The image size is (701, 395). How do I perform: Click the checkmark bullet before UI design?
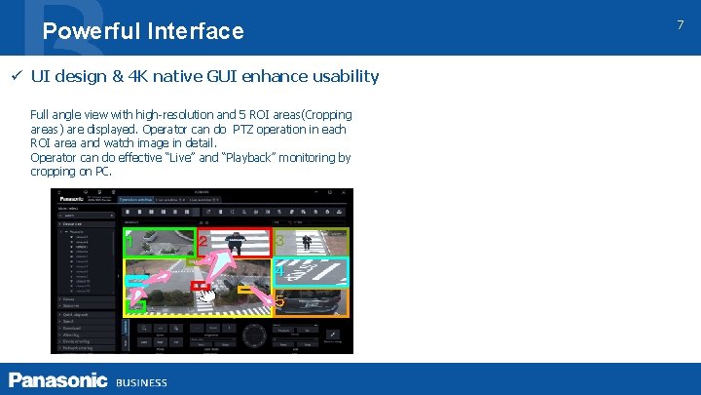(x=17, y=76)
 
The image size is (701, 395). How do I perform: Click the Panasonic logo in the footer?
(x=58, y=380)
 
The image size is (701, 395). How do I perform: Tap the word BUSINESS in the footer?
(x=142, y=382)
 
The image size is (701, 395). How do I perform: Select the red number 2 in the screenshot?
(x=202, y=240)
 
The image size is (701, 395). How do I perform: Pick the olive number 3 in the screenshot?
(x=279, y=240)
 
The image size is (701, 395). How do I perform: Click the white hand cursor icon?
(x=205, y=296)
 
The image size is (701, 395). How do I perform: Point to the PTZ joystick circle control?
(x=254, y=336)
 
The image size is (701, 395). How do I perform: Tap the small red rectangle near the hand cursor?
(x=198, y=286)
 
